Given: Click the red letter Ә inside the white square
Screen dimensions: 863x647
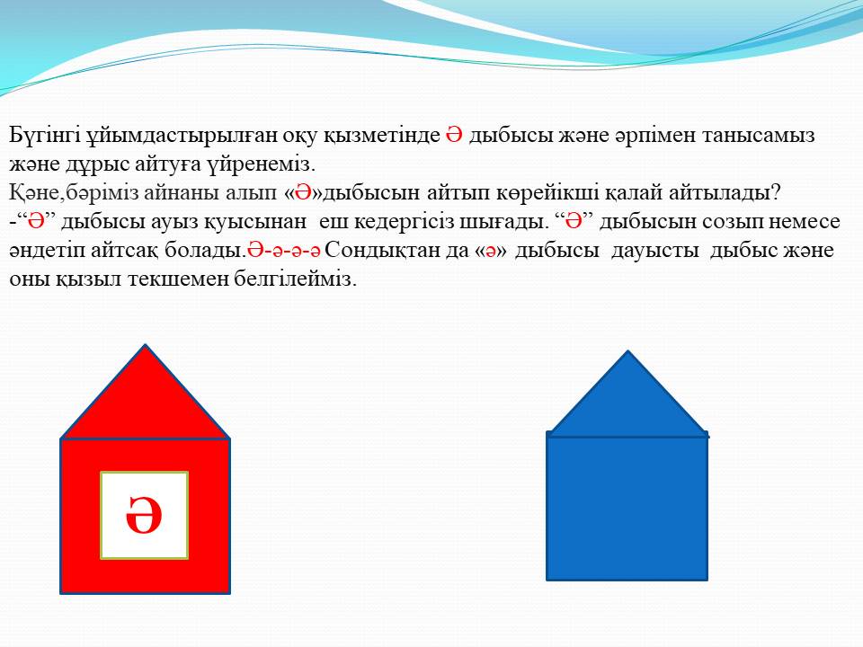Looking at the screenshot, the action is [144, 515].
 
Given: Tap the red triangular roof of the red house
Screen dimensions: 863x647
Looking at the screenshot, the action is [145, 406].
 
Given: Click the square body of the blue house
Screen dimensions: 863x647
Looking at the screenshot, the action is [627, 506].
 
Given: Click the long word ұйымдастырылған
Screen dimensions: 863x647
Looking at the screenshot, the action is [182, 136].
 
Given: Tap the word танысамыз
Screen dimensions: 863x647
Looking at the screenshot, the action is [758, 136].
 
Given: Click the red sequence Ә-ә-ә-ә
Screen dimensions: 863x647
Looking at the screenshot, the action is [284, 251].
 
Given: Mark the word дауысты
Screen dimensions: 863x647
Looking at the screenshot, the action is [655, 251].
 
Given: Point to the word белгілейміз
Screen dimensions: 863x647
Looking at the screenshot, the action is [296, 279].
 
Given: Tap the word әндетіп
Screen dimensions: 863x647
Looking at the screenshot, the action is [44, 251].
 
